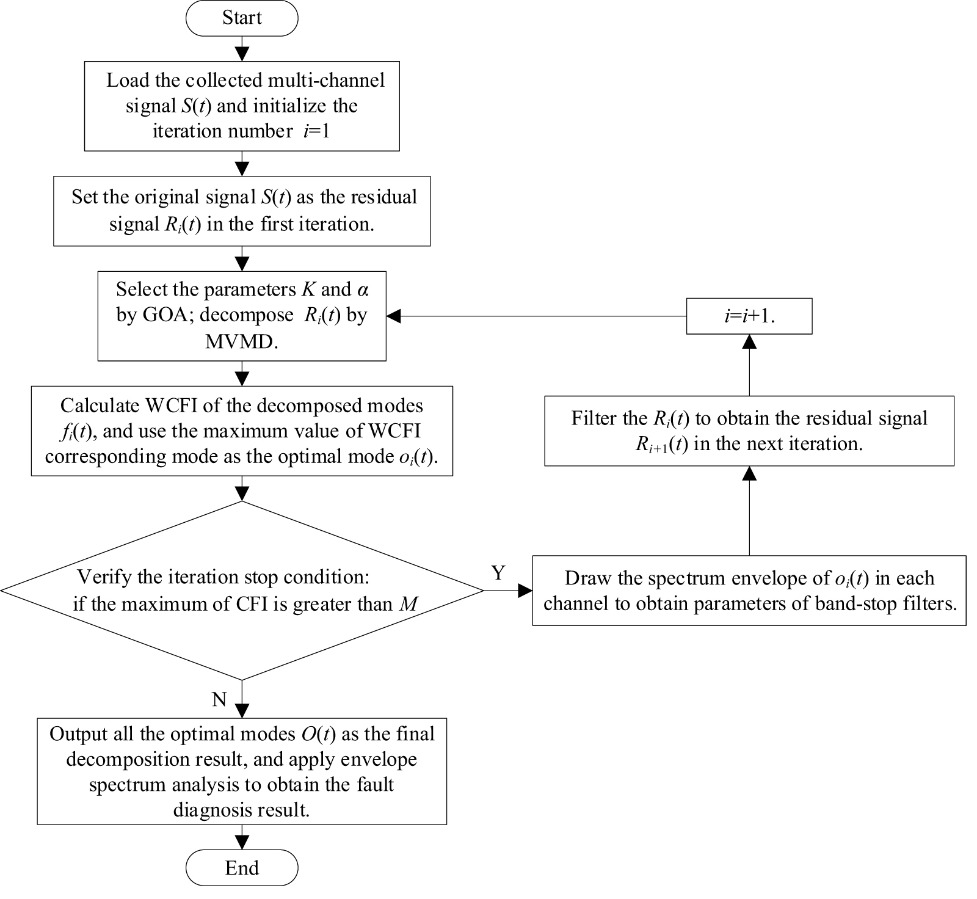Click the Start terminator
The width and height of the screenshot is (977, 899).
[x=242, y=18]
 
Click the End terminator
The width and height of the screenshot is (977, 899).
[x=242, y=868]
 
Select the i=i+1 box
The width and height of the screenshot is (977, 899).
[x=749, y=316]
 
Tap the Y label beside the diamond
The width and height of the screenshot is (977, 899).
[x=498, y=573]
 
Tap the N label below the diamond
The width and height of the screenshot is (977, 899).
[x=219, y=699]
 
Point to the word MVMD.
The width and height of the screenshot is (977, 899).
[x=241, y=341]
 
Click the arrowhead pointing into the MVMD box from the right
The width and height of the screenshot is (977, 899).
[x=394, y=316]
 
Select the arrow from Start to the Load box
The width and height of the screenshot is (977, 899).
[x=242, y=48]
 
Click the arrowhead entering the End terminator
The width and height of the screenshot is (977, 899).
[x=242, y=843]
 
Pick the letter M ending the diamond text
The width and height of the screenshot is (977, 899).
[x=409, y=604]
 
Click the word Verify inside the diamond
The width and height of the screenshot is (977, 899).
[x=103, y=577]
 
